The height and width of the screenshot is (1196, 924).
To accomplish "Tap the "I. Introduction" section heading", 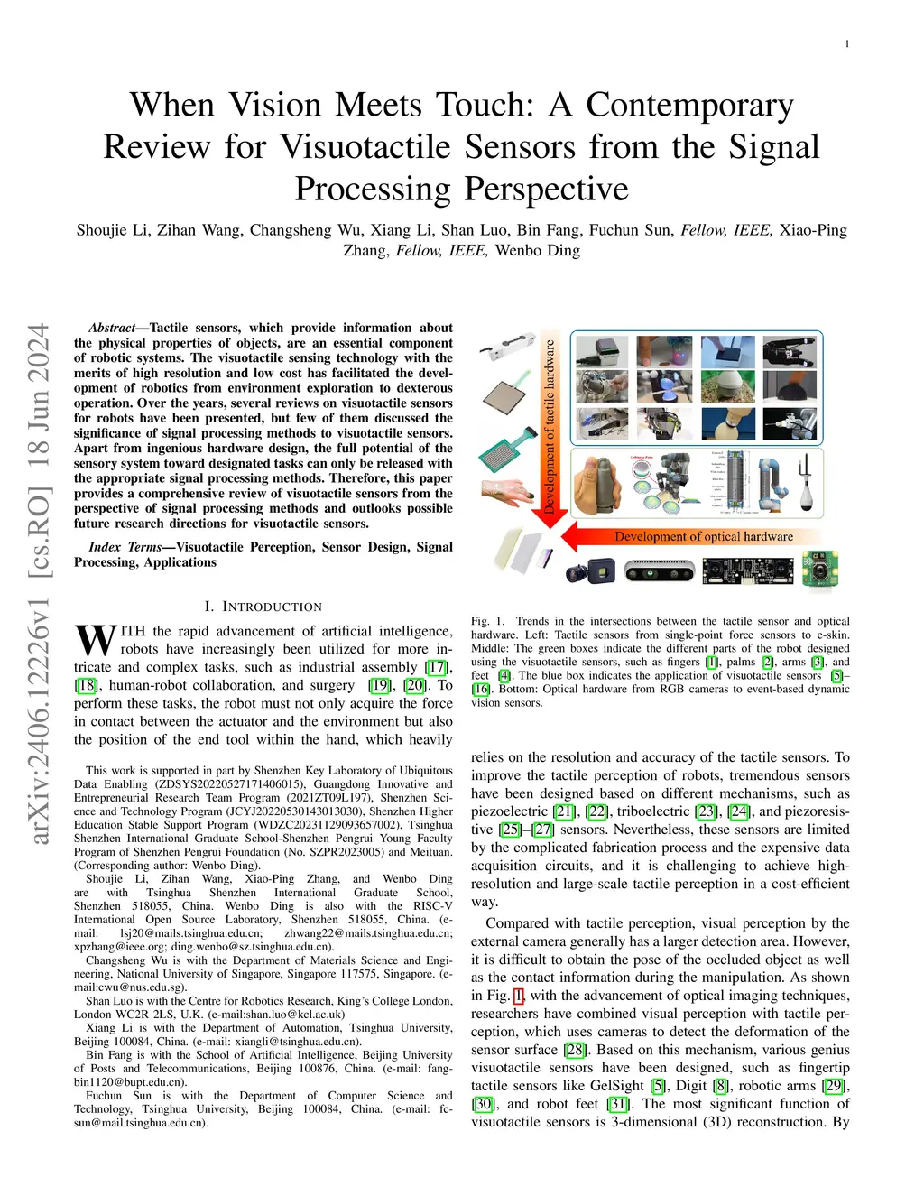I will (263, 607).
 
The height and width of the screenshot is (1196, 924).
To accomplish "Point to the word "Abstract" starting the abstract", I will (113, 328).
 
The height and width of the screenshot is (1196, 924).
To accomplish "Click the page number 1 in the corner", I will (847, 43).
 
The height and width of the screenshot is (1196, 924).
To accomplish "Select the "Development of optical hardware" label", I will (704, 536).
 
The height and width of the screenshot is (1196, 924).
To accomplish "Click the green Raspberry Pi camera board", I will (820, 569).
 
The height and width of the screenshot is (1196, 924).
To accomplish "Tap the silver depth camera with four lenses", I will (660, 570).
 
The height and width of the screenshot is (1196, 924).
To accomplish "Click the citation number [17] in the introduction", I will (437, 667).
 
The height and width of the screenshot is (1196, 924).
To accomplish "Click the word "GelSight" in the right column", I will (616, 1086).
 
